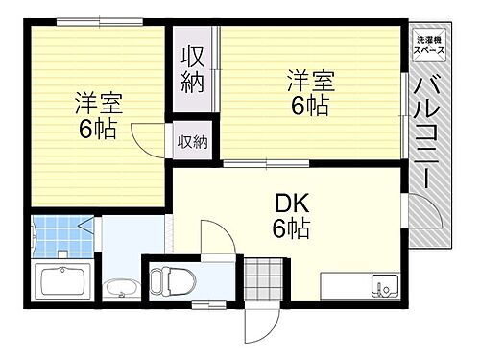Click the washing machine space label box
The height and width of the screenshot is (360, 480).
427,43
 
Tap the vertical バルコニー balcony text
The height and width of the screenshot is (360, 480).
425,134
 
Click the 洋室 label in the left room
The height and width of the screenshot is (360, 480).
99,104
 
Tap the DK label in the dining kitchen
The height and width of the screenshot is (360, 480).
290,204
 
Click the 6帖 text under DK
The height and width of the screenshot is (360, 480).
290,230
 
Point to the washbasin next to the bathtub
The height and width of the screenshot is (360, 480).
119,288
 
